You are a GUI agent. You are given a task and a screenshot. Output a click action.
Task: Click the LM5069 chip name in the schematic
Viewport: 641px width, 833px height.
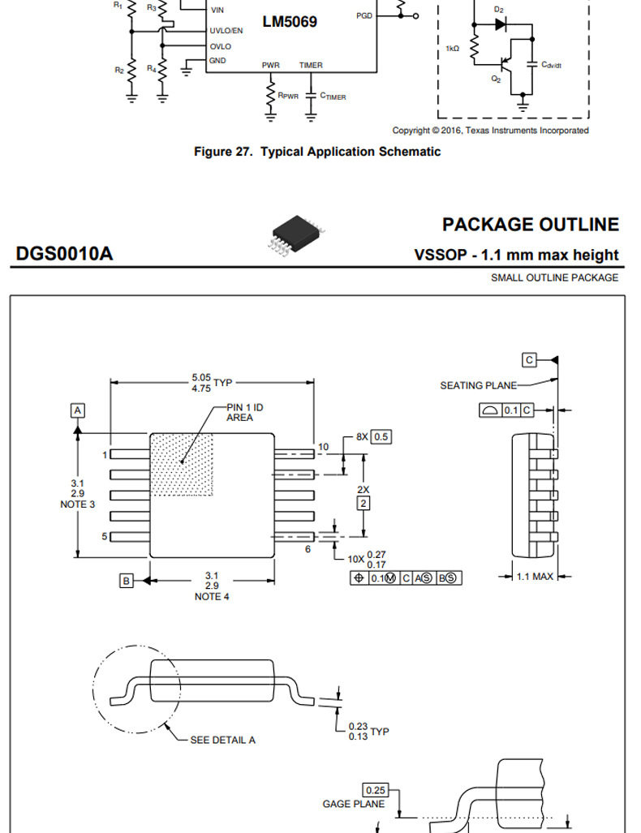click(290, 22)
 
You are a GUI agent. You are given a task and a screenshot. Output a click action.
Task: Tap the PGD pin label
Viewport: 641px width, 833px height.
click(364, 16)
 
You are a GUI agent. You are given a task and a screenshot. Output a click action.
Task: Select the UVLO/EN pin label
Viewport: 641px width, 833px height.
click(226, 31)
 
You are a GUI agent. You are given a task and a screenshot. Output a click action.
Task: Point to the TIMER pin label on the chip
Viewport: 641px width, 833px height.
click(311, 66)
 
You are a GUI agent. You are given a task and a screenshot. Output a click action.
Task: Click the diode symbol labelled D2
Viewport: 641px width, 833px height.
click(500, 24)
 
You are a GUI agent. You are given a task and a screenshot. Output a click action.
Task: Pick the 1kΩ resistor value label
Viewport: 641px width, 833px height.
click(452, 49)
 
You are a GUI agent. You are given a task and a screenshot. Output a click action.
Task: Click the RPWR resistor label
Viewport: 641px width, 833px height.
click(288, 97)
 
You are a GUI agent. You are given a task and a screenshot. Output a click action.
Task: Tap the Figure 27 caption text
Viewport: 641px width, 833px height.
click(317, 152)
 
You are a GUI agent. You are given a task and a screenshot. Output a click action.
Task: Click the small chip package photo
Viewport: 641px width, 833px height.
click(296, 234)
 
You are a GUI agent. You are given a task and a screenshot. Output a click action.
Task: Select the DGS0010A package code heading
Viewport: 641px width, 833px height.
click(64, 254)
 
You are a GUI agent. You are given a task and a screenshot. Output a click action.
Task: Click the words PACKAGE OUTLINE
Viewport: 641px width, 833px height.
click(531, 225)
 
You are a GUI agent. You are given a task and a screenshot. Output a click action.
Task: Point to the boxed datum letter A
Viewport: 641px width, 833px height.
click(78, 410)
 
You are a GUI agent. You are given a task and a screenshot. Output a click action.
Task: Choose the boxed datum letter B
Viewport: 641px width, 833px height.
click(126, 581)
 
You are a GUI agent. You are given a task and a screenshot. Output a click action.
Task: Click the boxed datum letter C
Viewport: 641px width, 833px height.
click(529, 360)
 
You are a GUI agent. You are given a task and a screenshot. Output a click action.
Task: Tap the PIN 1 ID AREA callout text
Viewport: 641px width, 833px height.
click(244, 412)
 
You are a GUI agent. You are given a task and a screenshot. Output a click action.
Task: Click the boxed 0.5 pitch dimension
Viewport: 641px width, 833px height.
click(381, 436)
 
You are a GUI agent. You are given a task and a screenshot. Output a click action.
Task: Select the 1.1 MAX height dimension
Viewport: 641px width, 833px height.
click(535, 577)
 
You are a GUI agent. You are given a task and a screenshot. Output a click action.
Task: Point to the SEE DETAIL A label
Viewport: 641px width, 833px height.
click(222, 740)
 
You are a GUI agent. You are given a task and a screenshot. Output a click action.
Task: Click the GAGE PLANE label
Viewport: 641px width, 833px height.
click(354, 805)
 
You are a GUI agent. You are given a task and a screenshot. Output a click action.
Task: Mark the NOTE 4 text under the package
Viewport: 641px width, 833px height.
click(212, 597)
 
